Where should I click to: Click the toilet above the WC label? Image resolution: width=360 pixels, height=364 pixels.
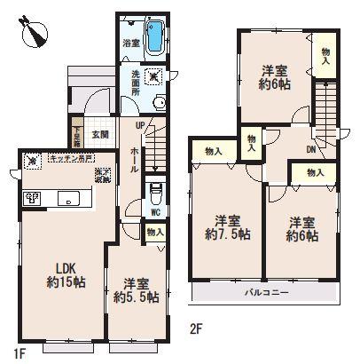point(155,193)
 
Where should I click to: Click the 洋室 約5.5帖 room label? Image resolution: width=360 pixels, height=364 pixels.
point(136,291)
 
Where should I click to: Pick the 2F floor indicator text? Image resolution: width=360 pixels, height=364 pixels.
point(197,328)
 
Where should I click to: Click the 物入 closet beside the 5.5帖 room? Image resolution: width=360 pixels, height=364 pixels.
point(154,232)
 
